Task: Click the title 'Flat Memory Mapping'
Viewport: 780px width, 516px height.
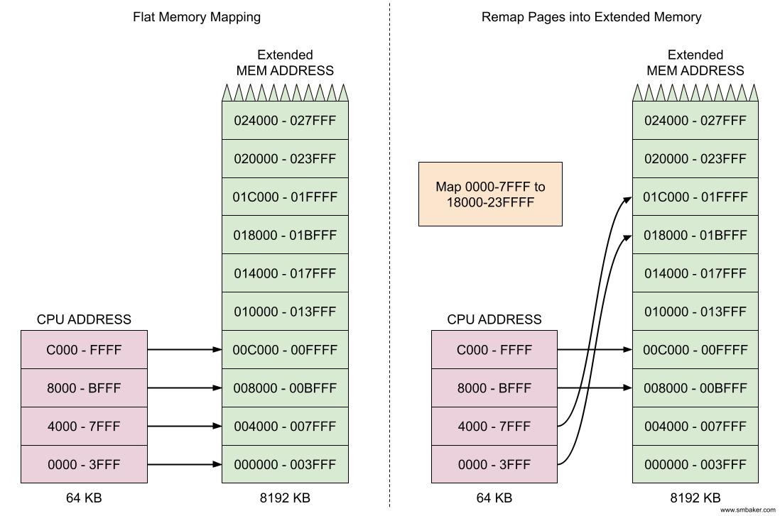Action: click(x=197, y=16)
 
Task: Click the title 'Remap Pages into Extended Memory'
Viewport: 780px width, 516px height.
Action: click(x=591, y=16)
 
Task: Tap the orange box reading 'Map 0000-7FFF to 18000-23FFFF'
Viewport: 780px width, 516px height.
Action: click(x=490, y=194)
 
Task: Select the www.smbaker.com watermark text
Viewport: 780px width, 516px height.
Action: click(x=747, y=510)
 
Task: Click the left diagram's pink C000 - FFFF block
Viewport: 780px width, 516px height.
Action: click(x=84, y=349)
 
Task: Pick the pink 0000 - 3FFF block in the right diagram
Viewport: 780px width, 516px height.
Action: click(x=494, y=464)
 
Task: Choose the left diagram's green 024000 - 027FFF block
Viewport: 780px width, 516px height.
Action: click(x=285, y=121)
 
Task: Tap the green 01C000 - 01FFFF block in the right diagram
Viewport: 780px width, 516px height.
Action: click(x=695, y=197)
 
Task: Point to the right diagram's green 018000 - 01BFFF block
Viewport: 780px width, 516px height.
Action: click(x=695, y=235)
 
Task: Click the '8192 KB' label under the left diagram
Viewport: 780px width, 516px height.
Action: click(x=285, y=498)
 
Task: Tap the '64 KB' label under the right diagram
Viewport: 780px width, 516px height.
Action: click(x=494, y=498)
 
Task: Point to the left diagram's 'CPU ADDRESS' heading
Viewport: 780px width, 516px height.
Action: click(x=84, y=319)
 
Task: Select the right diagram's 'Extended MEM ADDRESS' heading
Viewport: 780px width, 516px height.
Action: click(x=695, y=62)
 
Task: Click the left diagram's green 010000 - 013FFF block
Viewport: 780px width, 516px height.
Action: click(x=285, y=312)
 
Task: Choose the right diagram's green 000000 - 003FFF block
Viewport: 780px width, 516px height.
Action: click(x=695, y=464)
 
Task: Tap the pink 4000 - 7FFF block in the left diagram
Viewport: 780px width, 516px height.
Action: click(x=84, y=426)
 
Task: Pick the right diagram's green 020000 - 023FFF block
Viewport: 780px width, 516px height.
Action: click(x=695, y=158)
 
